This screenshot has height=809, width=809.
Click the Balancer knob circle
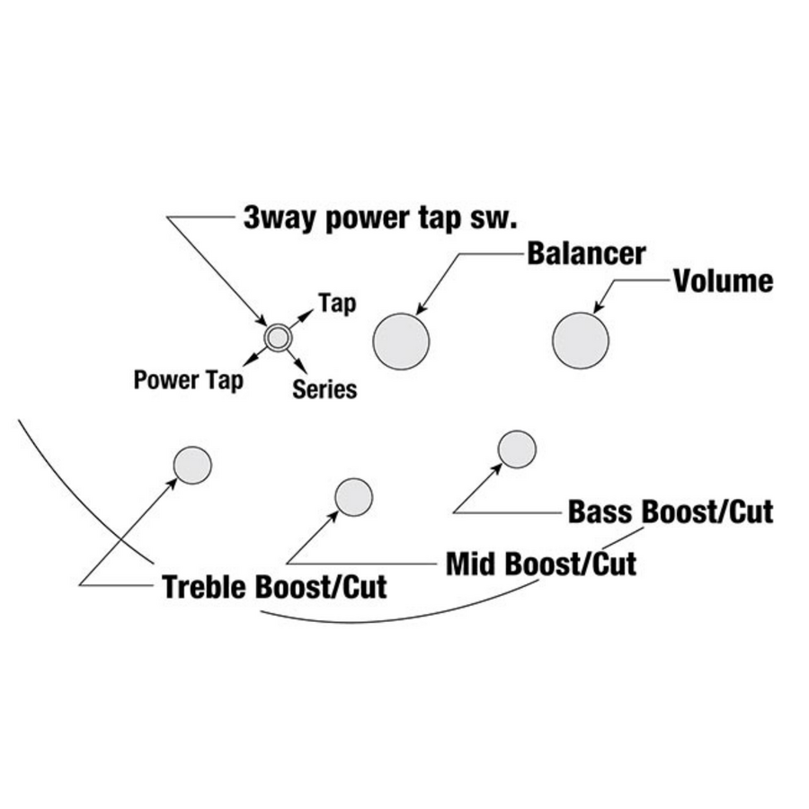click(x=401, y=342)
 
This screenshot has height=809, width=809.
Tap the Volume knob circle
click(x=580, y=341)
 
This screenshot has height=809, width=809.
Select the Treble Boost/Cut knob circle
click(x=192, y=465)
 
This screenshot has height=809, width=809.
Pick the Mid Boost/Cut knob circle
click(x=353, y=496)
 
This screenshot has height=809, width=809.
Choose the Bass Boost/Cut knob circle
click(x=517, y=449)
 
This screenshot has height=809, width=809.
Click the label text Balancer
click(x=585, y=253)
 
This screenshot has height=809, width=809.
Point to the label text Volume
click(x=723, y=281)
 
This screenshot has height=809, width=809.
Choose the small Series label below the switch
click(x=324, y=389)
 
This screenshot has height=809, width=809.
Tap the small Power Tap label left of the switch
click(x=189, y=379)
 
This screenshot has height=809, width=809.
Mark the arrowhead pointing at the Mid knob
click(x=334, y=515)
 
